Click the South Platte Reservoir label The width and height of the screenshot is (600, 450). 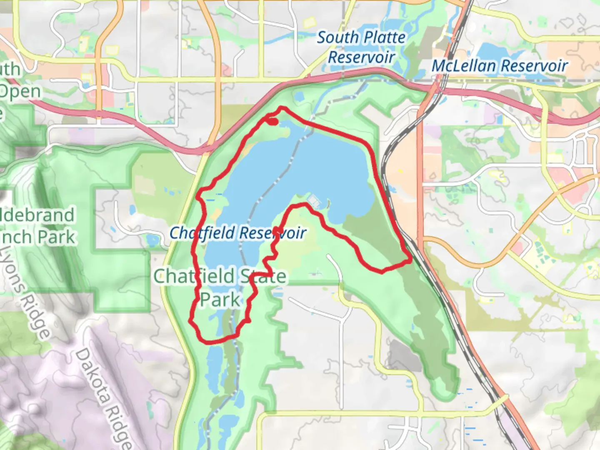click(x=361, y=47)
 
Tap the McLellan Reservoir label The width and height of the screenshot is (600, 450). click(x=499, y=66)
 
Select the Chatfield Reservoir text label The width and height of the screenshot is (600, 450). click(x=238, y=233)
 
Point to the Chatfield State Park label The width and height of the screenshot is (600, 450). click(x=220, y=287)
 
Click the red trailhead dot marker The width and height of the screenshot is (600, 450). click(x=272, y=121)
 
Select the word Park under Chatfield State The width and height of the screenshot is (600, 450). click(x=220, y=300)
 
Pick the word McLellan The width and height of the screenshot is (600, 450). click(x=463, y=66)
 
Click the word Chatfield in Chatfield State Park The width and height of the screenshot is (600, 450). click(x=194, y=276)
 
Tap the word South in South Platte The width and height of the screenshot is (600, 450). click(x=338, y=37)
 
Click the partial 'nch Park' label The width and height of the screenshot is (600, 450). click(x=37, y=237)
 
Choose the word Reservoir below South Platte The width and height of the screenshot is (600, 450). click(x=361, y=57)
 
